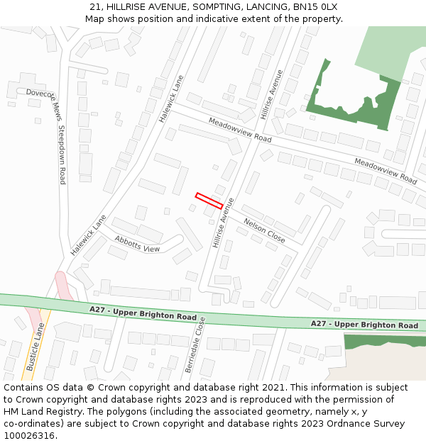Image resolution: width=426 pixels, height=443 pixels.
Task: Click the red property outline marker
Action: pos(209,201)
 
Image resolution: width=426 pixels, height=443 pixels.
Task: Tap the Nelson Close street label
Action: pos(264,231)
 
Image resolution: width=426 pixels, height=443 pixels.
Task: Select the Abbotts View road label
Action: pos(137,244)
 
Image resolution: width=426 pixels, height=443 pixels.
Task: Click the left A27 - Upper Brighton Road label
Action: pos(143,313)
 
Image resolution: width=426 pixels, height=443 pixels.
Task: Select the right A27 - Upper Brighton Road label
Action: pos(364,325)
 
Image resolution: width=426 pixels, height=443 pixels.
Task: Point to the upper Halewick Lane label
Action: pos(171,99)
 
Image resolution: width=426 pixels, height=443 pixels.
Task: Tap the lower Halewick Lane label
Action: pos(88,235)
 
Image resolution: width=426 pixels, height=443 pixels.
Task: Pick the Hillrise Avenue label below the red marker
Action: pos(222,223)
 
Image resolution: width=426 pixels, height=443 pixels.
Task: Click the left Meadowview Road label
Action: pos(240,130)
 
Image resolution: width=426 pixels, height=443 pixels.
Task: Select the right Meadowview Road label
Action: pos(386,171)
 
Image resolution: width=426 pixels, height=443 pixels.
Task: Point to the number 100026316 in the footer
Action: pos(28,435)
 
